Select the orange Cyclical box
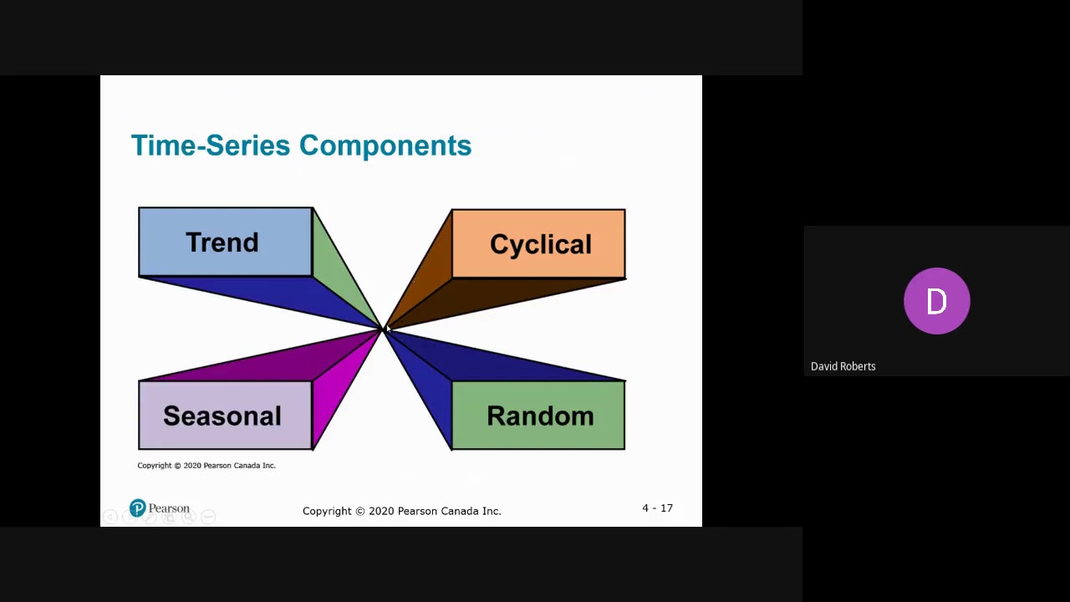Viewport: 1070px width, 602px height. point(538,243)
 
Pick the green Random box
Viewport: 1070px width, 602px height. point(538,416)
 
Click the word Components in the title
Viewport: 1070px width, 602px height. point(385,145)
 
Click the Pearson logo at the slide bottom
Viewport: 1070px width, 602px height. point(160,508)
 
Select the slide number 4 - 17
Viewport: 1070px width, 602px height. point(657,508)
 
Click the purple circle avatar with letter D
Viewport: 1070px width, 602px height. point(936,301)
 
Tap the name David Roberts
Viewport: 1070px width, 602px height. point(843,366)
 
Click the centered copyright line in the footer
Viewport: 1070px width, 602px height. point(401,511)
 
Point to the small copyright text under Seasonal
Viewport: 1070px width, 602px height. point(206,466)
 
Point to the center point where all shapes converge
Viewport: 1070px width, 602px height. point(383,329)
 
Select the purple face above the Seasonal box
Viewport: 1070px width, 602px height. point(267,362)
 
